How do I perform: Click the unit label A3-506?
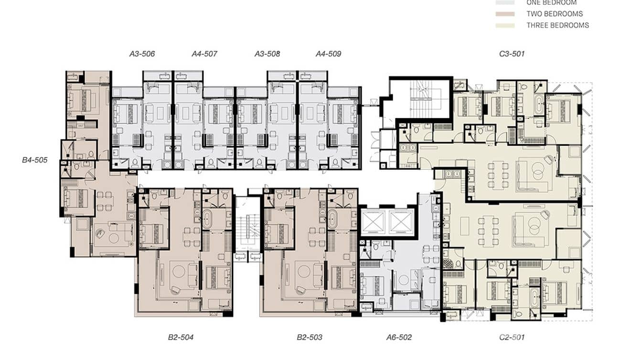pos(142,54)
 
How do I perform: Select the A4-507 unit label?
pos(204,54)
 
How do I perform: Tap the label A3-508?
pos(267,54)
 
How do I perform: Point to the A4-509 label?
pos(328,54)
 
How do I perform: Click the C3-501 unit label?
pos(512,54)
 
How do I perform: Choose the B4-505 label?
pos(35,160)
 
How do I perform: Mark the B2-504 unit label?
pos(181,338)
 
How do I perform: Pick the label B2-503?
pos(309,338)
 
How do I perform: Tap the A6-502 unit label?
pos(399,338)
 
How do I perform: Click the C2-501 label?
pos(512,338)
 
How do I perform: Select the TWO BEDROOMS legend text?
pos(554,14)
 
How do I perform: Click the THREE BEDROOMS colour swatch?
pos(505,25)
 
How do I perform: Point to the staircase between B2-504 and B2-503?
pos(247,229)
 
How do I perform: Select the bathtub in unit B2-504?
pos(209,220)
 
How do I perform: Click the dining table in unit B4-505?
pos(105,201)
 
